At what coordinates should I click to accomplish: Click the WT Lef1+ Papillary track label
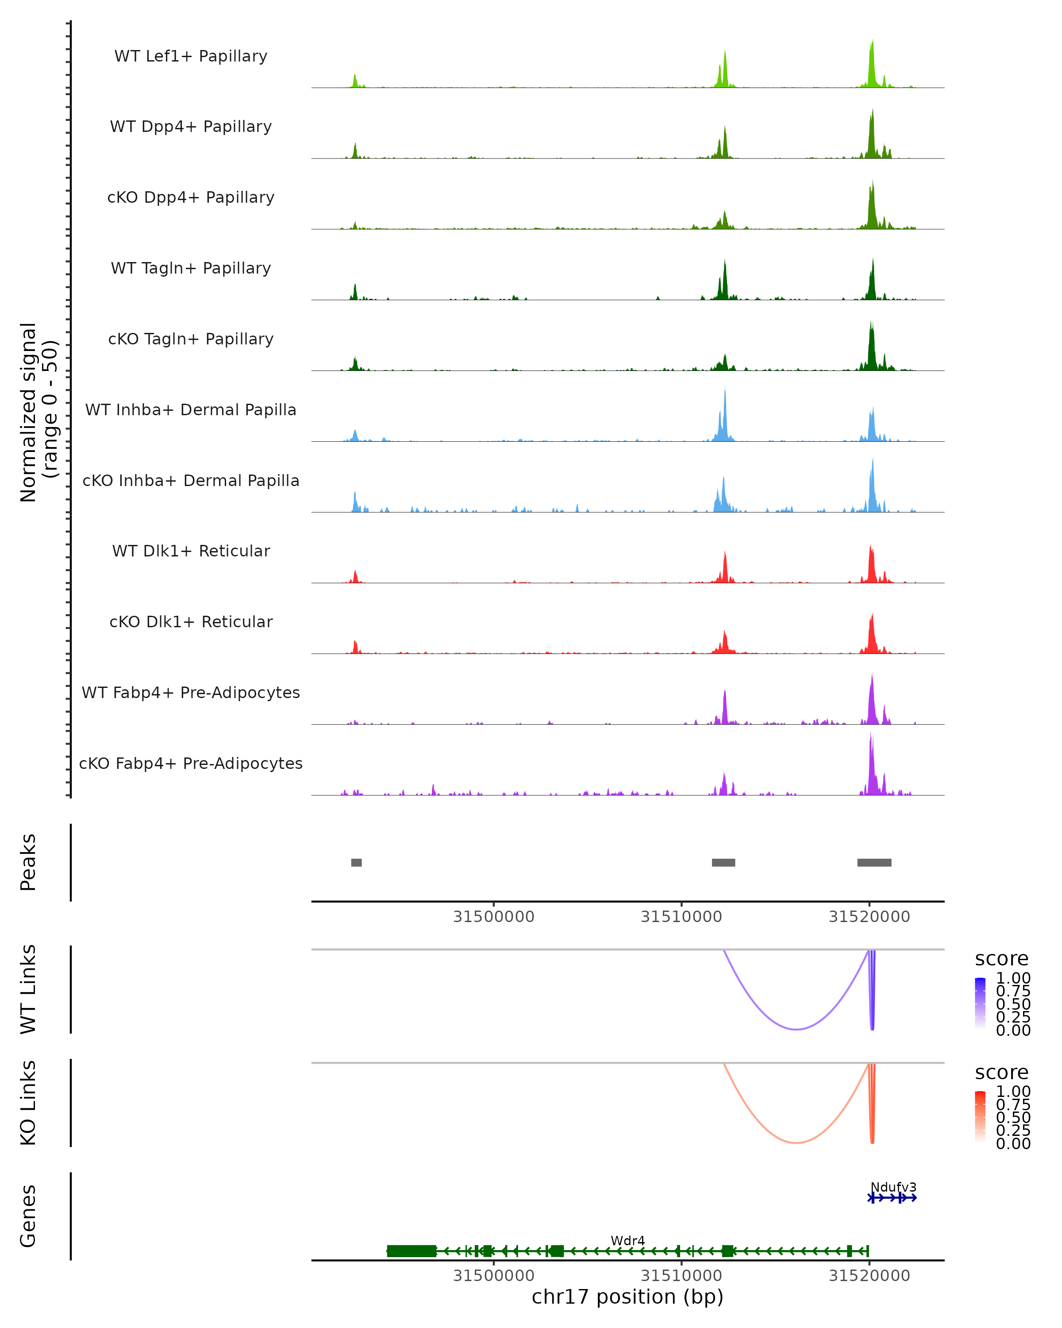(191, 56)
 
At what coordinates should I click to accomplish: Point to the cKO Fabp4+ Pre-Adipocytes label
(191, 763)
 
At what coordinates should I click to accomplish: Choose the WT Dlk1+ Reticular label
(191, 551)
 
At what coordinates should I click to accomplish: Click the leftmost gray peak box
(357, 862)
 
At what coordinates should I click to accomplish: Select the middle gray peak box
(723, 862)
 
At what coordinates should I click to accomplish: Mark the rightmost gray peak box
(874, 862)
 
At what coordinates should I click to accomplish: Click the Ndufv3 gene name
(893, 1187)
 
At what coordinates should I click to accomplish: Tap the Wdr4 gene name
(627, 1240)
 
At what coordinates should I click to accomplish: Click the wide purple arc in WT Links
(796, 1029)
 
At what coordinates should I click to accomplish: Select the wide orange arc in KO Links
(796, 1143)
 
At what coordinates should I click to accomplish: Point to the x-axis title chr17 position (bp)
(627, 1297)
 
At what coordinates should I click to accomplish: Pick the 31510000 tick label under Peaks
(681, 917)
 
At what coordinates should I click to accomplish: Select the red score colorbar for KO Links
(980, 1117)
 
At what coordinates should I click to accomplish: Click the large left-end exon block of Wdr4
(411, 1251)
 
